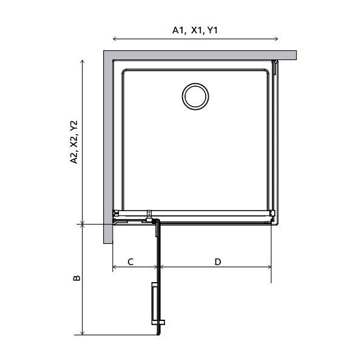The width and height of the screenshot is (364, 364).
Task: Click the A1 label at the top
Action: [179, 30]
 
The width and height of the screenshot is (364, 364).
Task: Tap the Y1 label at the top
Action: [212, 30]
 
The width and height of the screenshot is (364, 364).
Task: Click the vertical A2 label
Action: [74, 158]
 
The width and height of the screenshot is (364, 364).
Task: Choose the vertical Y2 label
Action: [74, 126]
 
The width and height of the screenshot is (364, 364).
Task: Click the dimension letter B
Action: [76, 278]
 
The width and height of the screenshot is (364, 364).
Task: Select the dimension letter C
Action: [130, 262]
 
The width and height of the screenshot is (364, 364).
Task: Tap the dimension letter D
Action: [218, 262]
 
